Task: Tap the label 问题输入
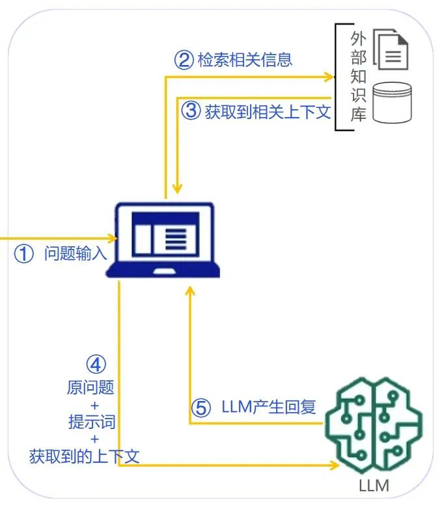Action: [76, 253]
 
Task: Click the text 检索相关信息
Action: [244, 60]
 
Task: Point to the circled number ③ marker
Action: [191, 111]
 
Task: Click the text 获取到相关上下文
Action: [268, 111]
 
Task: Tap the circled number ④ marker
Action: [96, 363]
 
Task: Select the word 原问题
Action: [90, 388]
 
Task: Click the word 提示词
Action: [92, 422]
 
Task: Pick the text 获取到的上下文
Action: [85, 456]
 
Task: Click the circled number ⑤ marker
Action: [201, 408]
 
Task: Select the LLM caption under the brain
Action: [374, 486]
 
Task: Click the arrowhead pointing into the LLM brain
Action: [335, 465]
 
